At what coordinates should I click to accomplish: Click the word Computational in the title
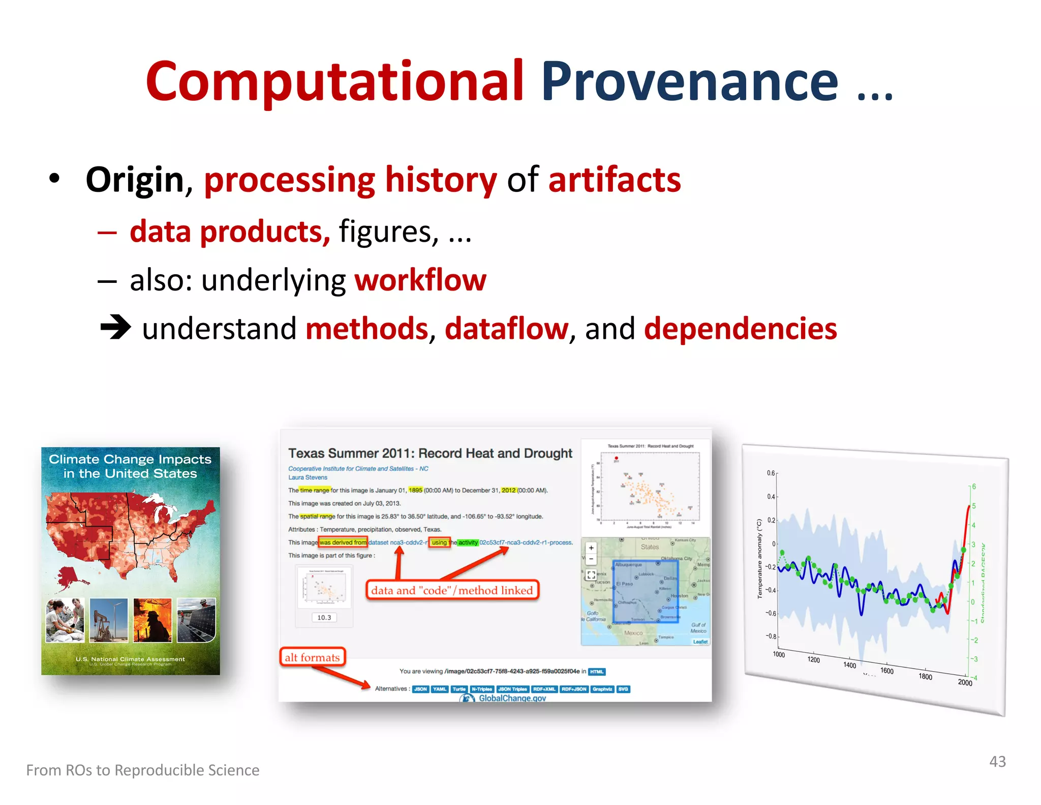click(x=334, y=81)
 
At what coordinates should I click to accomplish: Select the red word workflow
click(x=420, y=280)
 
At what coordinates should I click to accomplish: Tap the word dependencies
click(x=740, y=328)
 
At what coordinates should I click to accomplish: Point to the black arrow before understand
click(x=115, y=327)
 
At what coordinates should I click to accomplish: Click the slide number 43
click(x=997, y=762)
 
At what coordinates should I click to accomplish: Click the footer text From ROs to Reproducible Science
click(x=143, y=770)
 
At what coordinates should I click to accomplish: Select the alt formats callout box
click(x=312, y=657)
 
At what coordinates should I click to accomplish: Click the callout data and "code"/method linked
click(x=452, y=590)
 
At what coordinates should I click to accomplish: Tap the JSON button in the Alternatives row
click(x=420, y=689)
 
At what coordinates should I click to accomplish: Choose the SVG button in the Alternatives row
click(x=623, y=689)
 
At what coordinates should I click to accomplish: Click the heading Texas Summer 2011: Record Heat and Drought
click(x=430, y=453)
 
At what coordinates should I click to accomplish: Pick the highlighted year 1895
click(x=415, y=490)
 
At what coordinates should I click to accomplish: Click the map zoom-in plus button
click(x=591, y=548)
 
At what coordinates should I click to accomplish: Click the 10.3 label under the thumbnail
click(x=324, y=617)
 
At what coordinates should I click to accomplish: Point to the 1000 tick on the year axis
click(x=779, y=654)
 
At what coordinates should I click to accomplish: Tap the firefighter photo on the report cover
click(x=152, y=620)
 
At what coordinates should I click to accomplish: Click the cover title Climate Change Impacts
click(x=130, y=459)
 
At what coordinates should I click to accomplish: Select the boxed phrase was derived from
click(x=343, y=542)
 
